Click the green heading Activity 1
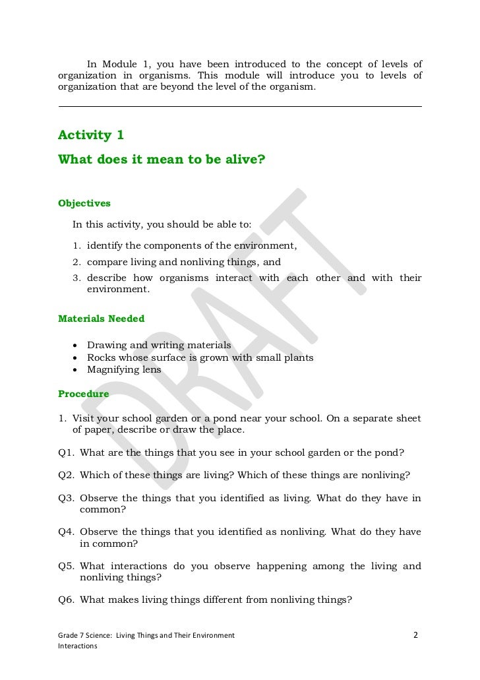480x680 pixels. [x=91, y=135]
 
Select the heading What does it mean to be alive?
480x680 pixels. [x=162, y=159]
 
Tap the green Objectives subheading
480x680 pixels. [x=84, y=203]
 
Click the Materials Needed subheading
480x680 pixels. [x=102, y=319]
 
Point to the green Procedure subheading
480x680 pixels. [x=84, y=394]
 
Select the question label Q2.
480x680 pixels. [x=66, y=475]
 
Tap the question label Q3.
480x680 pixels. [x=66, y=498]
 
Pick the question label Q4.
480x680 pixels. [x=66, y=532]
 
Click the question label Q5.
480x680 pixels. [x=66, y=566]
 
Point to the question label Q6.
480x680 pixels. [x=66, y=600]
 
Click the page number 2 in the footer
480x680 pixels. [x=415, y=635]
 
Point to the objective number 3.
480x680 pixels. [x=76, y=278]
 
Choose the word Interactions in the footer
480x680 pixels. [x=78, y=646]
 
